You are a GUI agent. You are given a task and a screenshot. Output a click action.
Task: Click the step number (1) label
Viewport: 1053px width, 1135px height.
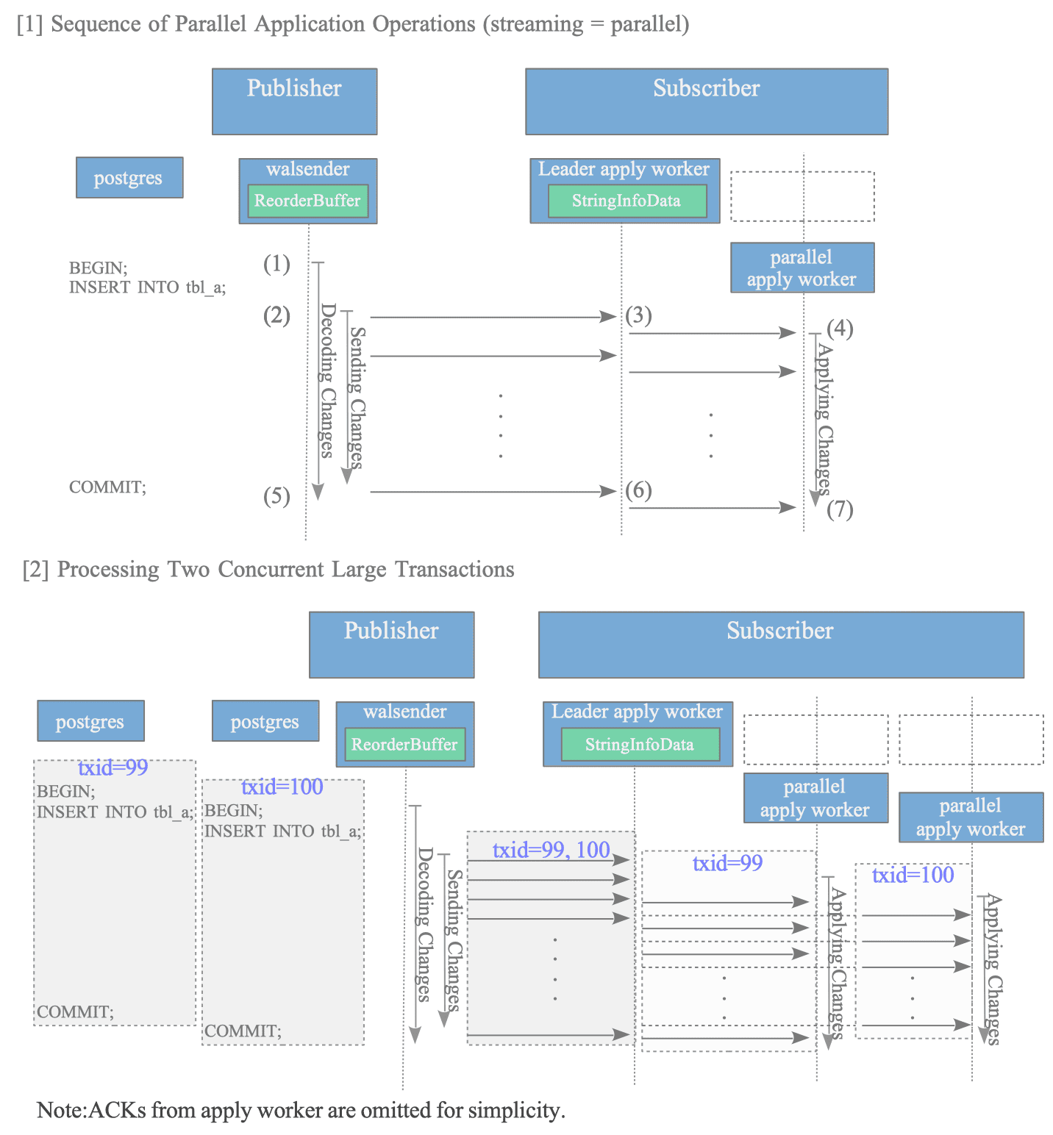276,264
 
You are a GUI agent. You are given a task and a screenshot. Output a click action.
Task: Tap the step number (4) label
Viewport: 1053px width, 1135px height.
840,329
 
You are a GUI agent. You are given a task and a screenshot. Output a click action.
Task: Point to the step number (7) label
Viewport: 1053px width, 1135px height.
840,509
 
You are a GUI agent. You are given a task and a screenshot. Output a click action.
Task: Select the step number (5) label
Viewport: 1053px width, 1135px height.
276,496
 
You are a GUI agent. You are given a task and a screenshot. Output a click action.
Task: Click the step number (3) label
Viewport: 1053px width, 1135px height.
638,315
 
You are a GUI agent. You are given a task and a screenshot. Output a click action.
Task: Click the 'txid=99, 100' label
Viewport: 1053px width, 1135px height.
552,850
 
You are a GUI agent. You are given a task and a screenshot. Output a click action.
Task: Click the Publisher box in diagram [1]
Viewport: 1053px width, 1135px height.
295,101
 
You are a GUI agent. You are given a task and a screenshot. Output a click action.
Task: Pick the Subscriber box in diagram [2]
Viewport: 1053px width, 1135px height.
781,645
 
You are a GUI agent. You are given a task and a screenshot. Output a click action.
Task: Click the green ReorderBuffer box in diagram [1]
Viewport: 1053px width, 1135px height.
307,201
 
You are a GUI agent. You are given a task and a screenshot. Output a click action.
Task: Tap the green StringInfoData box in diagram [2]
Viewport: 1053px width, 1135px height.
640,745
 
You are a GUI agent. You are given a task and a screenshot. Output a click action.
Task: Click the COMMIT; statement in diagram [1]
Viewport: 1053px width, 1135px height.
107,487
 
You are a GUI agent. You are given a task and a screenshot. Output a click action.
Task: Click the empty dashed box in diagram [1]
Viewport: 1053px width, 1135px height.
802,196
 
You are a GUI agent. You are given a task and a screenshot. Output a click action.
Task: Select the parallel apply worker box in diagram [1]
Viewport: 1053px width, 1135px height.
802,268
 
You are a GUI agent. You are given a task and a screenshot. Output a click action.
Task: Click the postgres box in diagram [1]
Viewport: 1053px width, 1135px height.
129,177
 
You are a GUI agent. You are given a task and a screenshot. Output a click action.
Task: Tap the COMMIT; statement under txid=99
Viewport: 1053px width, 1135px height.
75,1012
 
